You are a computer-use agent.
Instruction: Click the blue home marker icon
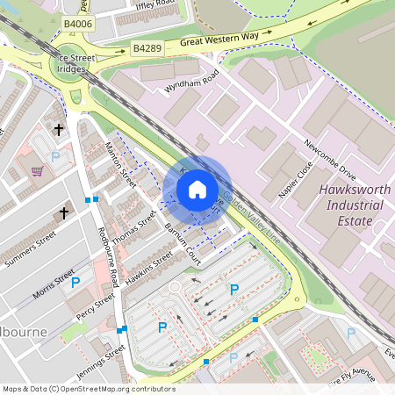[x=197, y=190]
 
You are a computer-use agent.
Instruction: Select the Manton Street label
[x=120, y=164]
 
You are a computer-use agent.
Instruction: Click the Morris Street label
[x=54, y=286]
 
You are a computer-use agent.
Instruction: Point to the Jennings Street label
[x=103, y=362]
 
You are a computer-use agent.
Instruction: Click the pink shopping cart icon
[x=37, y=171]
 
